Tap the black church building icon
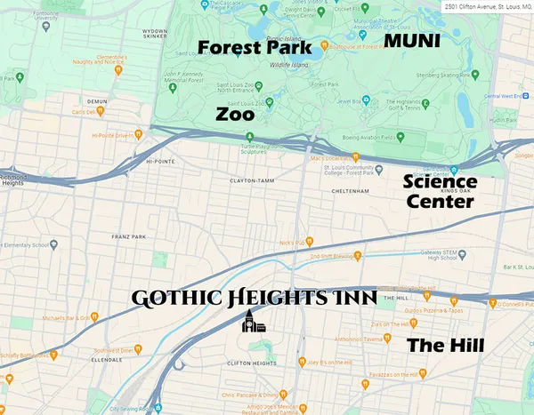(x=252, y=323)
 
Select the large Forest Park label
(x=255, y=46)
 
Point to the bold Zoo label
(x=235, y=115)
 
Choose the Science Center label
(x=440, y=192)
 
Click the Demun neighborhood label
(x=97, y=101)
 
